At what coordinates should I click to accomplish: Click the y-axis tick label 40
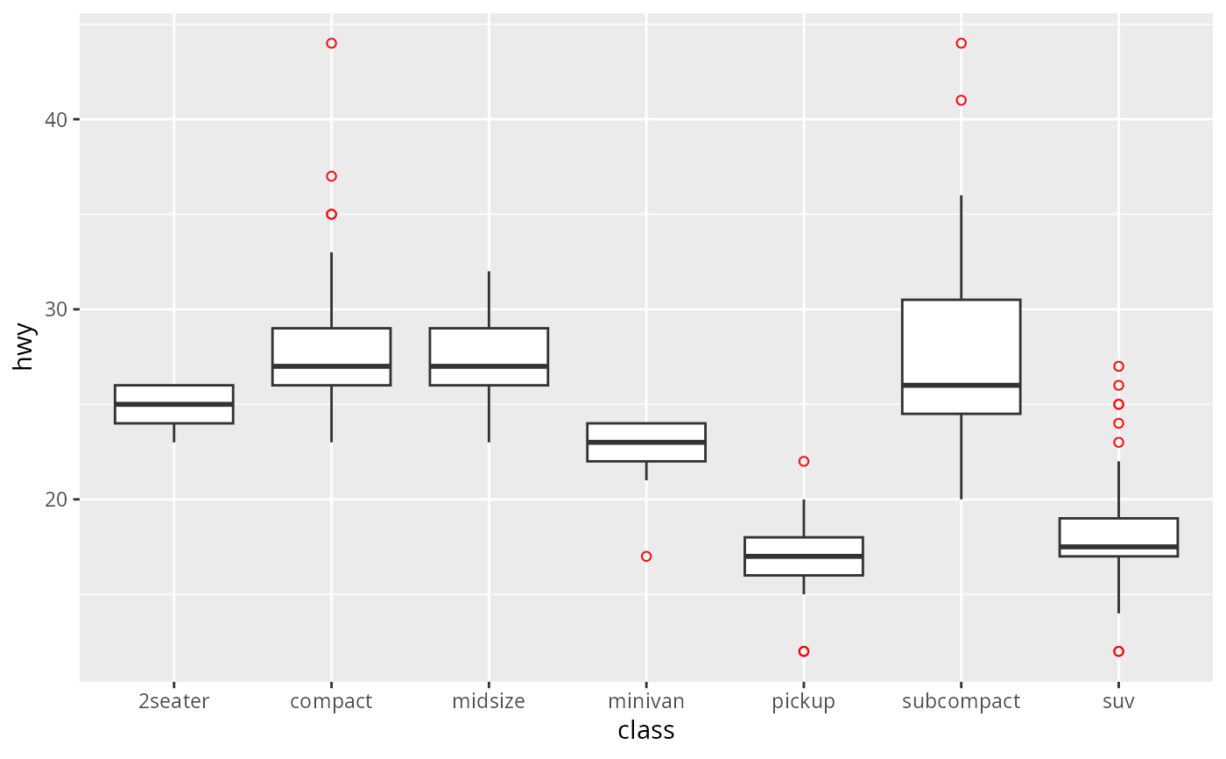pos(56,119)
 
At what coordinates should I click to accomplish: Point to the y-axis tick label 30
pos(56,309)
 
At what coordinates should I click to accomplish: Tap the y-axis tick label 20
pos(56,500)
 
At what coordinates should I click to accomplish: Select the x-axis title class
pos(645,730)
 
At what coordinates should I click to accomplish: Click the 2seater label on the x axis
pos(173,701)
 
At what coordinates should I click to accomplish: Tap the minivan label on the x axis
pos(645,701)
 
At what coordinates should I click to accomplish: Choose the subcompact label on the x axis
pos(961,701)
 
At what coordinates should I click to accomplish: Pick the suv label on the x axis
pos(1118,701)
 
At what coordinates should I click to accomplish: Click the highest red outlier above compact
pos(331,43)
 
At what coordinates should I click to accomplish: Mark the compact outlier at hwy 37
pos(331,176)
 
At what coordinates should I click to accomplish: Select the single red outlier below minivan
pos(646,557)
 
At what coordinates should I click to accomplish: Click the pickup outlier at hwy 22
pos(804,461)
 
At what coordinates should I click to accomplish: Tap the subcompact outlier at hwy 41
pos(961,100)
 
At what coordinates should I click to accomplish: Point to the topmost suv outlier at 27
pos(1118,366)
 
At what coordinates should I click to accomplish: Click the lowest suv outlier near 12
pos(1118,651)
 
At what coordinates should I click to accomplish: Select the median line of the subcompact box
pos(961,385)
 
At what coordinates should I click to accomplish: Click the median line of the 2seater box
pos(173,404)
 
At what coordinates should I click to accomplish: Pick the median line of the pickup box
pos(804,557)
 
